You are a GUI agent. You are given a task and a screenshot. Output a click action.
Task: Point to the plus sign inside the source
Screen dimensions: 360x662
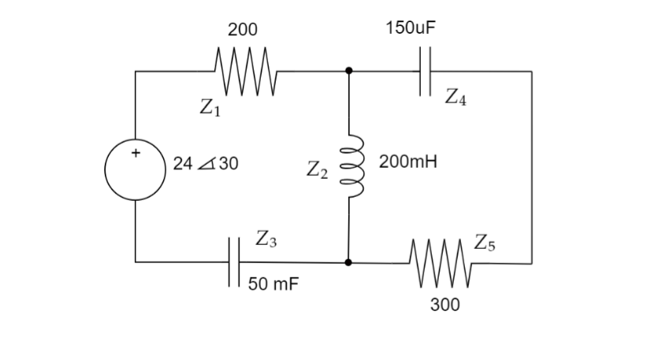(x=135, y=153)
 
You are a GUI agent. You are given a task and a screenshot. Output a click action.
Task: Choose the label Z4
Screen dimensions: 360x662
(x=456, y=98)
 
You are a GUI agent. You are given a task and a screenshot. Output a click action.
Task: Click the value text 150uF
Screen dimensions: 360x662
(x=411, y=28)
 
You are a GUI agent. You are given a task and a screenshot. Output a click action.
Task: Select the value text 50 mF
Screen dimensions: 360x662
(x=273, y=284)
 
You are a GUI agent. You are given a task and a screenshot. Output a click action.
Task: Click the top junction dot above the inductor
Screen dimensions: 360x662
(x=348, y=71)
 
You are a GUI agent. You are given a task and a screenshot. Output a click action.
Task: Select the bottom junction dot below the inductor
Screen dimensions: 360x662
(x=348, y=261)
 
